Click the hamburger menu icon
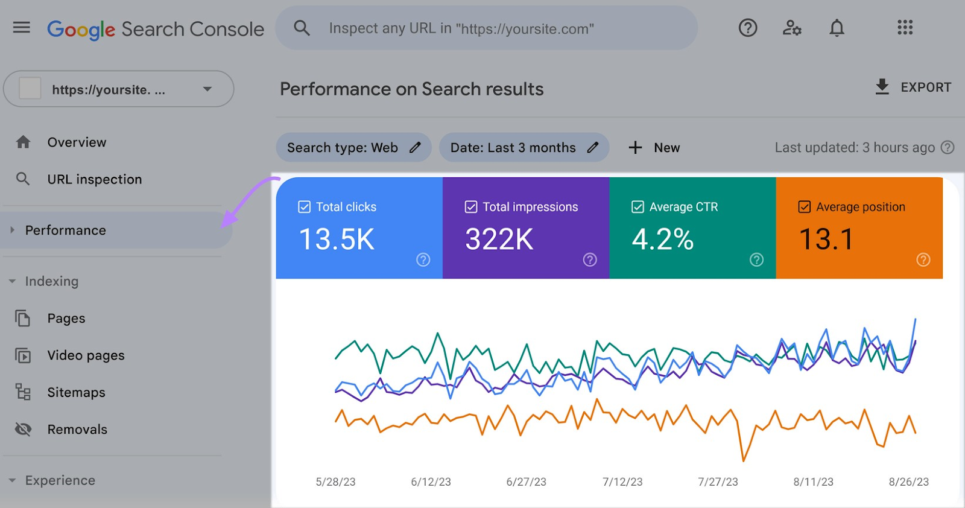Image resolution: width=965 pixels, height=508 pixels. coord(22,27)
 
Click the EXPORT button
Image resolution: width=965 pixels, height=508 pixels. coord(913,87)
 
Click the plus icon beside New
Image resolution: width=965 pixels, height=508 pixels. coord(635,148)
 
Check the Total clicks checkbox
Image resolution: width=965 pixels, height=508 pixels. coord(305,207)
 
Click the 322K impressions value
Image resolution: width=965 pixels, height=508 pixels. coord(499,240)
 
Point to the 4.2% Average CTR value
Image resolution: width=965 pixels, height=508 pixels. coord(663,240)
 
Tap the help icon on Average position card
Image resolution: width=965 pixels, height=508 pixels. coord(923,259)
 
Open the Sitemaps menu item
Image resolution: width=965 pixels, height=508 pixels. coord(76,393)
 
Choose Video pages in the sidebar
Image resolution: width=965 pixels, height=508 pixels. coord(86,355)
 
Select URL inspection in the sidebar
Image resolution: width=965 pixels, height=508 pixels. coord(94,179)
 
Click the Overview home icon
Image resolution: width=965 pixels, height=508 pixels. coord(24,142)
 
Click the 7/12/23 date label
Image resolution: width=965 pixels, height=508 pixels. coord(622,482)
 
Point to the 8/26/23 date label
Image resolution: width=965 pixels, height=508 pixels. coord(908,482)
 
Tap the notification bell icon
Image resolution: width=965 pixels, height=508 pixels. coord(837,28)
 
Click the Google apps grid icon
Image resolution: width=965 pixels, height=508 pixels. coord(905,28)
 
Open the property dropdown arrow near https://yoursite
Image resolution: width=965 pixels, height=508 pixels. coord(207,89)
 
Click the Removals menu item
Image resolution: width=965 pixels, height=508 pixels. coord(77,430)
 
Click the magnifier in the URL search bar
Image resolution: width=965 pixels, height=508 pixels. coord(302,28)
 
